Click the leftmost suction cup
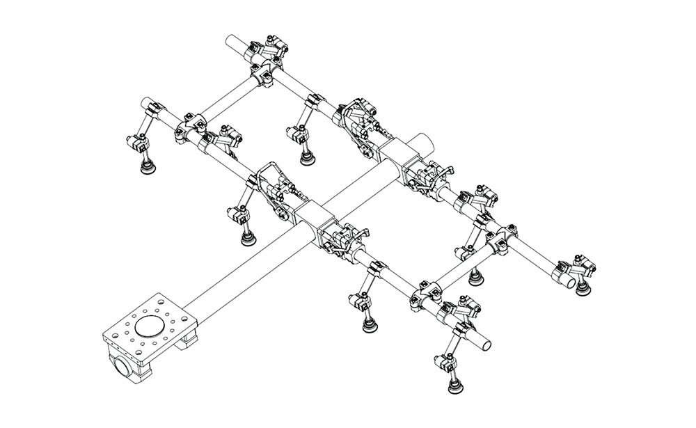point(148,167)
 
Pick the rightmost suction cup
point(580,287)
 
